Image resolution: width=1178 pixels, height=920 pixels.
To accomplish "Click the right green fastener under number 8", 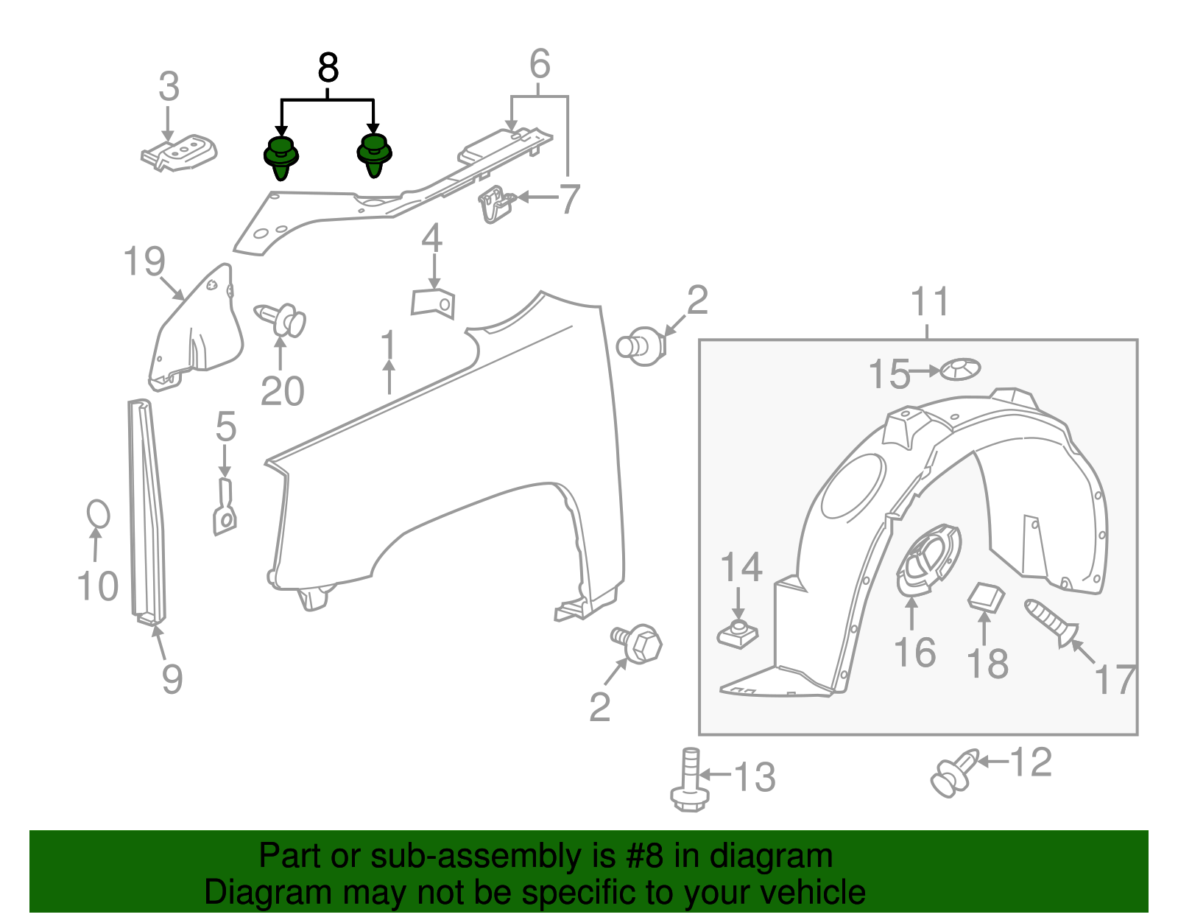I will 374,155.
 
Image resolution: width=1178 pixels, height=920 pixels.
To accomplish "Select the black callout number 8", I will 328,69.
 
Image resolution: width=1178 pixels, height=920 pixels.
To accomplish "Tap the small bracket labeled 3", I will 180,152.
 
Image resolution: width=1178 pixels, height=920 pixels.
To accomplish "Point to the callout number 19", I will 144,261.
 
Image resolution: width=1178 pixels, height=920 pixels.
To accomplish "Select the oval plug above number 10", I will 98,513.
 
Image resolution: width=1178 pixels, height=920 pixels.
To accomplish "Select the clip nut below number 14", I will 738,633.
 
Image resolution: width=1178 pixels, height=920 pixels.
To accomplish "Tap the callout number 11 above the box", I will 930,302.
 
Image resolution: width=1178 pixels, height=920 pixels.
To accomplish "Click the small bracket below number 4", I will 433,303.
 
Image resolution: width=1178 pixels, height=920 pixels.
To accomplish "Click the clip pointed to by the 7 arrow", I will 495,204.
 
